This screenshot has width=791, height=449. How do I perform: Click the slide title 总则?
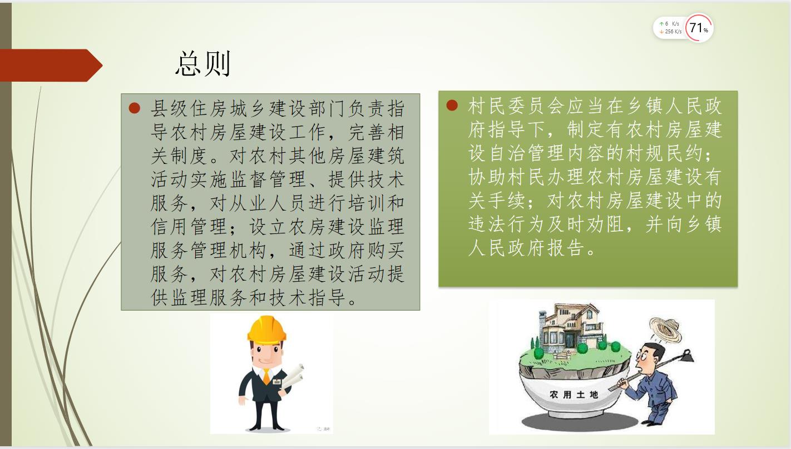(203, 64)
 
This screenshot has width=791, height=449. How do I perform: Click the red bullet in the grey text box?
(135, 108)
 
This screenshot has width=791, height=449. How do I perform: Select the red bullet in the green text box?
(452, 105)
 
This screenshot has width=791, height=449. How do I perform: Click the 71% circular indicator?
(699, 28)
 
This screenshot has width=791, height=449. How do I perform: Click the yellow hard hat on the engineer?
(266, 330)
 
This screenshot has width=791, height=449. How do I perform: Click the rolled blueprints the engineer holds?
(293, 377)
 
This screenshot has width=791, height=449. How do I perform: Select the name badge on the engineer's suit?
(277, 382)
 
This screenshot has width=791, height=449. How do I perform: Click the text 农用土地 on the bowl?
(574, 395)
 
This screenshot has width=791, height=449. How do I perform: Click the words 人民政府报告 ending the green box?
(526, 248)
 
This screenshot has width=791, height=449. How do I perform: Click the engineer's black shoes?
(266, 427)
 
